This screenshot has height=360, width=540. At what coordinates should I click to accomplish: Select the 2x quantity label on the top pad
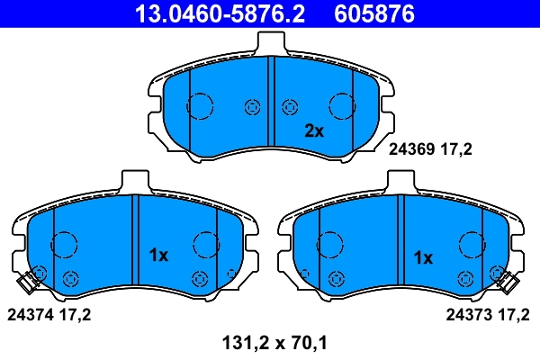pos(312,131)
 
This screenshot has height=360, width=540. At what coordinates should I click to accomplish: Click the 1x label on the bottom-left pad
pos(157,256)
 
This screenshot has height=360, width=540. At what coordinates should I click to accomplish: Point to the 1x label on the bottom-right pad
pos(422,257)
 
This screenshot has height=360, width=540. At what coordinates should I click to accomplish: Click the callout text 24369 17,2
pos(430,151)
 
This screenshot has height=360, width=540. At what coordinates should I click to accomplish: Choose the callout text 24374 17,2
pos(49,315)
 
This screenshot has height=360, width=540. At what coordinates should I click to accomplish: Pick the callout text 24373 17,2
pos(489,315)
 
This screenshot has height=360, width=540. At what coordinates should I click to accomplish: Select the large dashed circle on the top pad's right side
pos(343,106)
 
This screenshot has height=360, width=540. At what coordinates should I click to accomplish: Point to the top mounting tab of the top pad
pos(271,42)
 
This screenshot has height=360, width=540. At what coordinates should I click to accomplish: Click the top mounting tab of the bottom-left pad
pos(133,181)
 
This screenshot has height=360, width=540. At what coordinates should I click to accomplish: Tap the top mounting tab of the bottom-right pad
pos(402,181)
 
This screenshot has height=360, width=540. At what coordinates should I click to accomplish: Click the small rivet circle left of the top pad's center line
pos(251,107)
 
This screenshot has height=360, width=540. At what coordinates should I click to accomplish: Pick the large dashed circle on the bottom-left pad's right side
pos(206,244)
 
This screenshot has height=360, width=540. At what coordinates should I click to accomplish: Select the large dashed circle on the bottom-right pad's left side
pos(330,244)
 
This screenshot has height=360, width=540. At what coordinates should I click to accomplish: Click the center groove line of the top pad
pos(271,99)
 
